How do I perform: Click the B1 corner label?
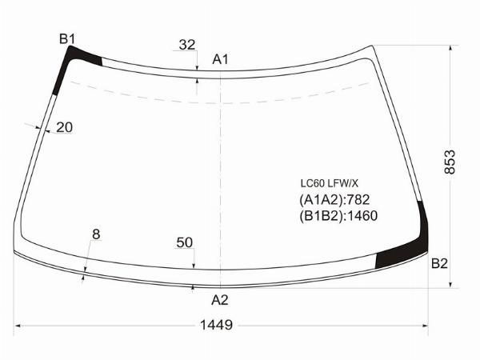[67, 38]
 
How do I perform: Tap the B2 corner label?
[439, 263]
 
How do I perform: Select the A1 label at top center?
[221, 59]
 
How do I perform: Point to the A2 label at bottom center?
[220, 300]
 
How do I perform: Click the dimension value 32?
[186, 45]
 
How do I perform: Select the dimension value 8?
[96, 234]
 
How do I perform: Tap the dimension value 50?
[185, 242]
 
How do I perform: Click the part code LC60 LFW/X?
[329, 182]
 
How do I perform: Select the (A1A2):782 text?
[334, 199]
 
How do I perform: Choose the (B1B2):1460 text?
[338, 215]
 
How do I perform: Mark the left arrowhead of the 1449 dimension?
[18, 326]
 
